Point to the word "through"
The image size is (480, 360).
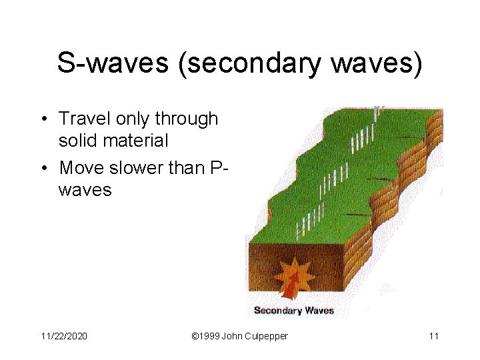(187, 120)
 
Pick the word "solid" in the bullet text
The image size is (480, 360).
(79, 141)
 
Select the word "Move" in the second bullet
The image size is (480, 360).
(79, 167)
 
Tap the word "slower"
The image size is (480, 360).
(133, 167)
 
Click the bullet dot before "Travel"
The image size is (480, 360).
(43, 120)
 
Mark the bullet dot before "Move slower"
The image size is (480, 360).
(43, 168)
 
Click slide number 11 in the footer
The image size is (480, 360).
(433, 336)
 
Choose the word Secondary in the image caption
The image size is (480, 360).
(278, 310)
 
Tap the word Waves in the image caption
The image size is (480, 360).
(319, 310)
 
